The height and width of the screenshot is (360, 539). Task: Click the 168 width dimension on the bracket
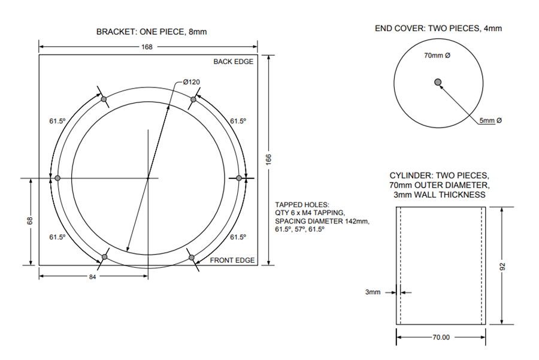click(x=147, y=47)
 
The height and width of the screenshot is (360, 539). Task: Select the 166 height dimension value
click(x=269, y=159)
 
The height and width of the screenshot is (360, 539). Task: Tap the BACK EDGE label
click(x=233, y=62)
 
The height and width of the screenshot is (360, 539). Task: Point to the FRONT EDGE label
click(x=232, y=261)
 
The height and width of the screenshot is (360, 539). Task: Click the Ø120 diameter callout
click(x=192, y=82)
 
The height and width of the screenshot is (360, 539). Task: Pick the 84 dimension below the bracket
click(x=92, y=277)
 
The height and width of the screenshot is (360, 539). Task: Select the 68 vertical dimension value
click(x=30, y=221)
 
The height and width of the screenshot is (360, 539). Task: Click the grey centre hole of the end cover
click(x=438, y=82)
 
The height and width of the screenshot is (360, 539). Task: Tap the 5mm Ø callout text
click(x=490, y=120)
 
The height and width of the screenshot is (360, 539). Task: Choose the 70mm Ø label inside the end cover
click(x=437, y=55)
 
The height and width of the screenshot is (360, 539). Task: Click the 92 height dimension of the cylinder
click(x=502, y=266)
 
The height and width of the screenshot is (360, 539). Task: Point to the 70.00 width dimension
click(x=441, y=337)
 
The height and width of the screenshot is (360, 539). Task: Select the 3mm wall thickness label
click(x=373, y=292)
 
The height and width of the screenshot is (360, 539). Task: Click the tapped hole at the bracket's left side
click(x=57, y=178)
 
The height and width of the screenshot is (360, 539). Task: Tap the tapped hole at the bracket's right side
click(x=239, y=178)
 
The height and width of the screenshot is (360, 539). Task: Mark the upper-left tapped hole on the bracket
click(x=104, y=99)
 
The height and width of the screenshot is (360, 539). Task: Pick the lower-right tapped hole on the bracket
click(x=192, y=258)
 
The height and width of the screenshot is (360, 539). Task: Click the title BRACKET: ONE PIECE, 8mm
click(x=152, y=32)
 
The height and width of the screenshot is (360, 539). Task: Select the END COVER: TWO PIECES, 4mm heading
click(x=438, y=29)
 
